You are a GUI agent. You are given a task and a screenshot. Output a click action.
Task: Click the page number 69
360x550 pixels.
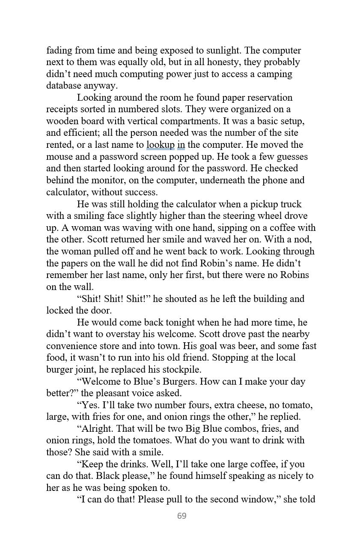181,516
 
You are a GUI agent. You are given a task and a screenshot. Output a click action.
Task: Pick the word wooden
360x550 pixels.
62,121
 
